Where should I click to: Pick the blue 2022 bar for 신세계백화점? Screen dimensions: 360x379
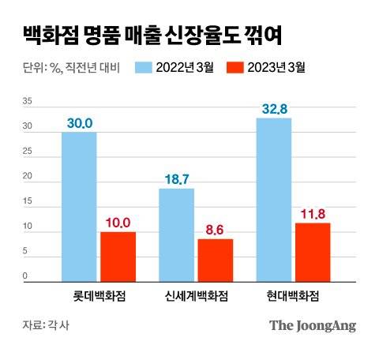coord(176,234)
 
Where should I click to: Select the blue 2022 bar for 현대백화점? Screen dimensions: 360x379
coord(274,200)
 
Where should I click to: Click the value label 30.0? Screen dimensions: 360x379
coord(79,122)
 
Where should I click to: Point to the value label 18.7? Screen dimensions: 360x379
coord(176,179)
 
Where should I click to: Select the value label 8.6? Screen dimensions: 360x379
coord(215,229)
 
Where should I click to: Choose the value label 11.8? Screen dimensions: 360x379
coord(313,213)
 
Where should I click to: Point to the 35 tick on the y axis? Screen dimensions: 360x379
coord(27,102)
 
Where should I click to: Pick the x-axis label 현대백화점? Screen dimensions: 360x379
coord(293,295)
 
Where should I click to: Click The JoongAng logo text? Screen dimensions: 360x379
coord(313,325)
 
